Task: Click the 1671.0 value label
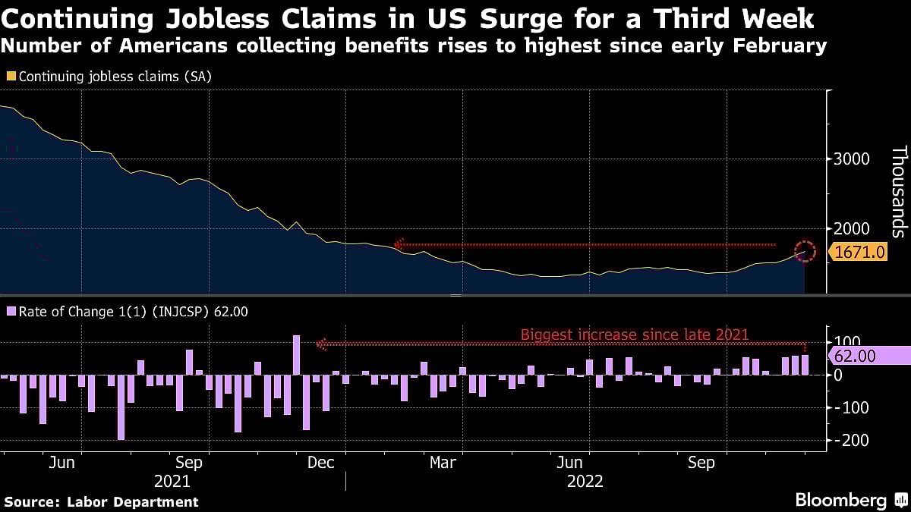[861, 251]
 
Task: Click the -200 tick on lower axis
[849, 440]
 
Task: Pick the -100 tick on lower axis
[849, 407]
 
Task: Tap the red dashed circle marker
[805, 251]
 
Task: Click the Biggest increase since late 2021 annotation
[635, 335]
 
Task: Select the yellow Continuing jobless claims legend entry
[108, 77]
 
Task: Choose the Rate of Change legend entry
[126, 311]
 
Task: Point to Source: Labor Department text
[102, 501]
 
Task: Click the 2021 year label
[172, 481]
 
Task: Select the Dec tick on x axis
[322, 463]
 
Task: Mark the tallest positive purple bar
[297, 355]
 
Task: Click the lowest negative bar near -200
[121, 407]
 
